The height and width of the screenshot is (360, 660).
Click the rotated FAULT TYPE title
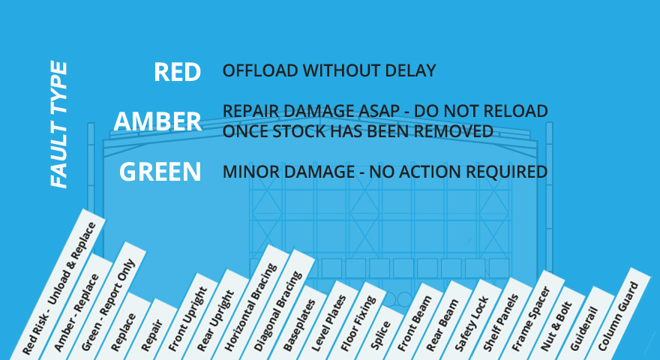58,124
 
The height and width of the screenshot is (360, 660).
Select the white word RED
177,72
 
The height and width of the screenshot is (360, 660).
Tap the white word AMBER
157,121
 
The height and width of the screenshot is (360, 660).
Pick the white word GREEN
160,172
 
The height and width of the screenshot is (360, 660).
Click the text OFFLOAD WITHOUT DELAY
329,70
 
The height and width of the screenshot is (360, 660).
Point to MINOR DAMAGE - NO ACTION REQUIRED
385,172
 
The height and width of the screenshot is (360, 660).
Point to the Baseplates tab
298,324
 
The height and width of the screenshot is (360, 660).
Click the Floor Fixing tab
358,322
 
